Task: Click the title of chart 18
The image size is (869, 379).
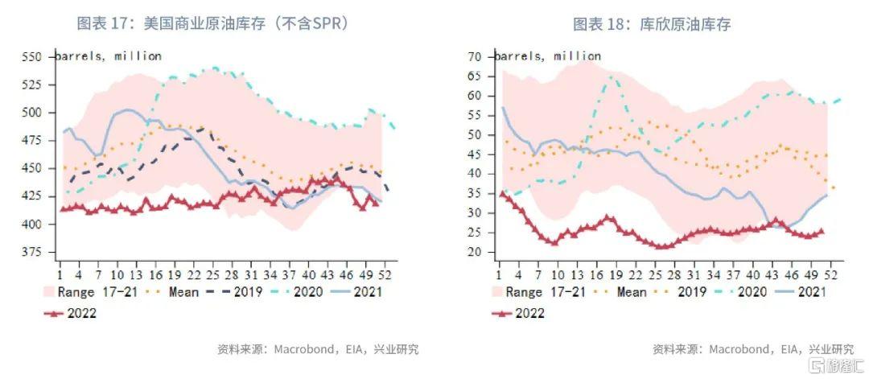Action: [x=652, y=24]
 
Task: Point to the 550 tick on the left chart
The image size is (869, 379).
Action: [x=33, y=57]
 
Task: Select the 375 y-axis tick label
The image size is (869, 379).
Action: [x=33, y=253]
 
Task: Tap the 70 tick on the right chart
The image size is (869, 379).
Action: [x=475, y=57]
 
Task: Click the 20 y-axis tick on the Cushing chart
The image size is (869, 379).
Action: [x=475, y=253]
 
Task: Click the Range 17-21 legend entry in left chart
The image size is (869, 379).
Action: [x=89, y=291]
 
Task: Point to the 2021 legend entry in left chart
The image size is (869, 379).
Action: [x=357, y=291]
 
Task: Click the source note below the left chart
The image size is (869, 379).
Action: [x=318, y=350]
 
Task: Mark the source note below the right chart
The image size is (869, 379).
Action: [x=753, y=350]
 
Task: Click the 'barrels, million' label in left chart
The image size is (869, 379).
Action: [x=109, y=56]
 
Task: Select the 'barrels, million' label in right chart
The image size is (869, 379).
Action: [x=548, y=56]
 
